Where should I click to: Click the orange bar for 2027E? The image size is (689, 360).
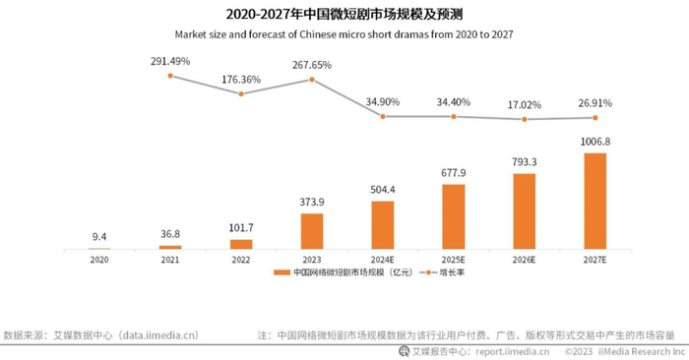click(x=595, y=201)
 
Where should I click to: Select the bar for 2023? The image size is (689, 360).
click(x=311, y=230)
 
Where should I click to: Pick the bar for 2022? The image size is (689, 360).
click(x=240, y=243)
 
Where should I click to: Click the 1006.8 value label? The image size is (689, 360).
click(x=595, y=142)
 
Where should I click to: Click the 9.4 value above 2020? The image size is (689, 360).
click(x=98, y=236)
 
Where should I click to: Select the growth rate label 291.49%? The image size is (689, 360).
click(x=169, y=60)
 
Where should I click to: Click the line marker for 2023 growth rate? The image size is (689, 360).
click(x=311, y=79)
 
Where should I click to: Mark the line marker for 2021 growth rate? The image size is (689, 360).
click(x=169, y=75)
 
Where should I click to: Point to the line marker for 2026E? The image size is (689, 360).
click(x=524, y=119)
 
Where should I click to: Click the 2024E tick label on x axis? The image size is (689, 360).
click(x=382, y=260)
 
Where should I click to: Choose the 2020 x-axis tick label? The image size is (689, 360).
click(x=98, y=260)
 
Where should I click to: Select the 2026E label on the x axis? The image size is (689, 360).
click(x=524, y=260)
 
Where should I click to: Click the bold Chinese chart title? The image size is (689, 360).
click(x=344, y=14)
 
